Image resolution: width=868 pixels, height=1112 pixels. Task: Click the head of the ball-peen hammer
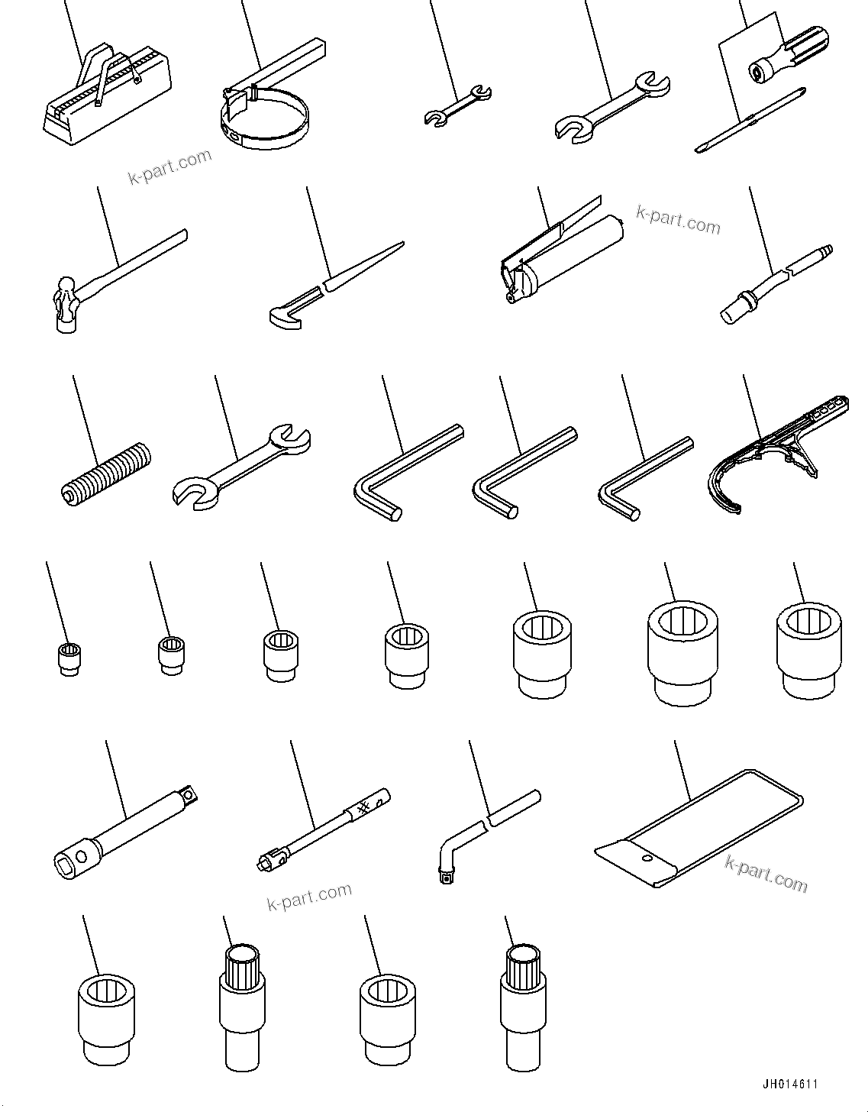tap(66, 306)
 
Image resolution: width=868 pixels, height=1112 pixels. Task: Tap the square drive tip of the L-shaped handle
tap(446, 878)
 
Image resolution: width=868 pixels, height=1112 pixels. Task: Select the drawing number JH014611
tap(791, 1085)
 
